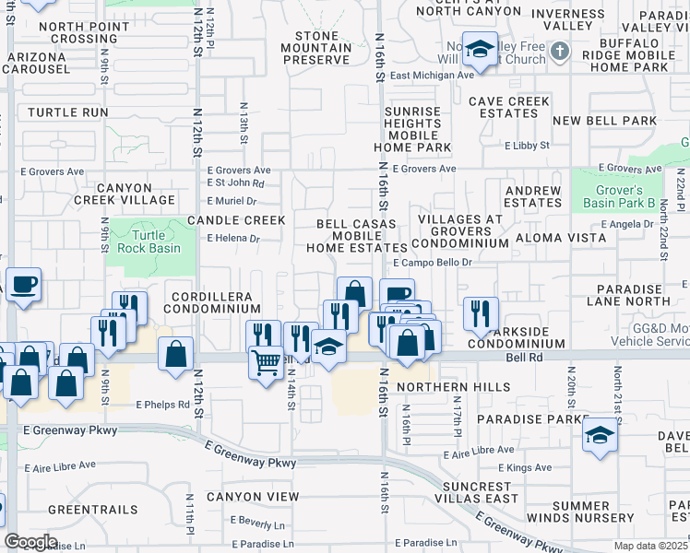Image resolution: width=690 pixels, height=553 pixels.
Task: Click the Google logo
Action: coord(30,542)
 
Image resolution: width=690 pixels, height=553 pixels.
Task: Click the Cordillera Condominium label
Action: coord(214,302)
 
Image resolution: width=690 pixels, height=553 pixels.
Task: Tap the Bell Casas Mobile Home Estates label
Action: coord(356,236)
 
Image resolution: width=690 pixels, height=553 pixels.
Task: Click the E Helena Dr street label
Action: coord(234,238)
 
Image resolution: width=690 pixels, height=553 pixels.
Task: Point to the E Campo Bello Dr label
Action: coord(433,262)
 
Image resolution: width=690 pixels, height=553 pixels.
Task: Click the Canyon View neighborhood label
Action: coord(253,497)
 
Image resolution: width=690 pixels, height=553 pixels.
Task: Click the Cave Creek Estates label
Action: coord(509,107)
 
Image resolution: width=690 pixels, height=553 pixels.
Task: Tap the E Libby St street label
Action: coord(527,146)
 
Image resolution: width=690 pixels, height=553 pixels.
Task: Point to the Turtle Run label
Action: coord(68,112)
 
